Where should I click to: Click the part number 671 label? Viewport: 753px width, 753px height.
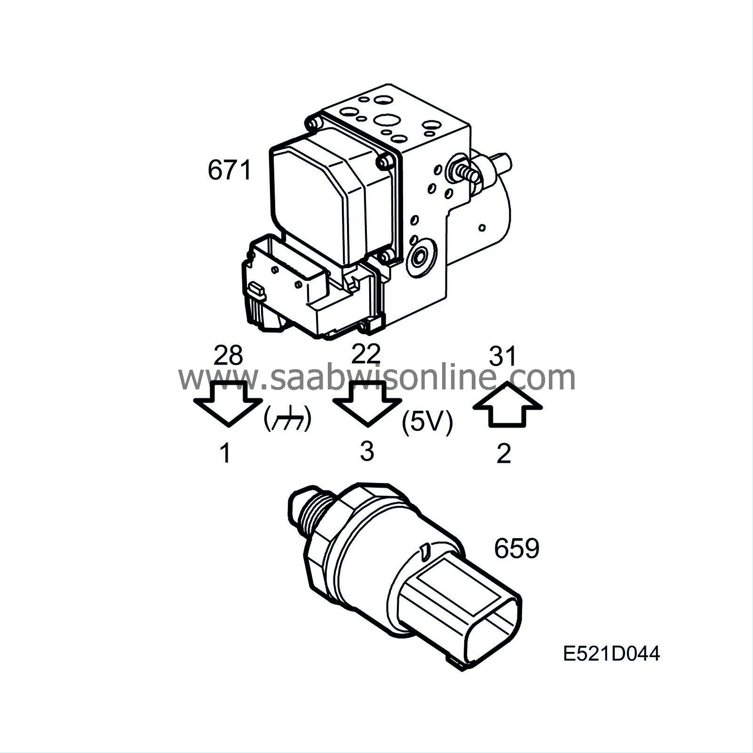(x=230, y=170)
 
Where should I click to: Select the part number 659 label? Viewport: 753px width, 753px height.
(x=516, y=548)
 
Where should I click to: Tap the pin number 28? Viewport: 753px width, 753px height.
(x=228, y=356)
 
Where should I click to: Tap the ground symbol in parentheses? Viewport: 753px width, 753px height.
(x=287, y=419)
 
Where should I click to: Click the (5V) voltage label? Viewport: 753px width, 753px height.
(x=427, y=422)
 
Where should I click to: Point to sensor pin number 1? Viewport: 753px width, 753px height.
(x=226, y=453)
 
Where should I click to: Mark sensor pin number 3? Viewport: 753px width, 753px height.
(x=367, y=451)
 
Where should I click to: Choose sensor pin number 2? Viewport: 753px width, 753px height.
(x=504, y=453)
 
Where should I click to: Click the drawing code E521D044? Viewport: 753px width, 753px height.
(x=611, y=653)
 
